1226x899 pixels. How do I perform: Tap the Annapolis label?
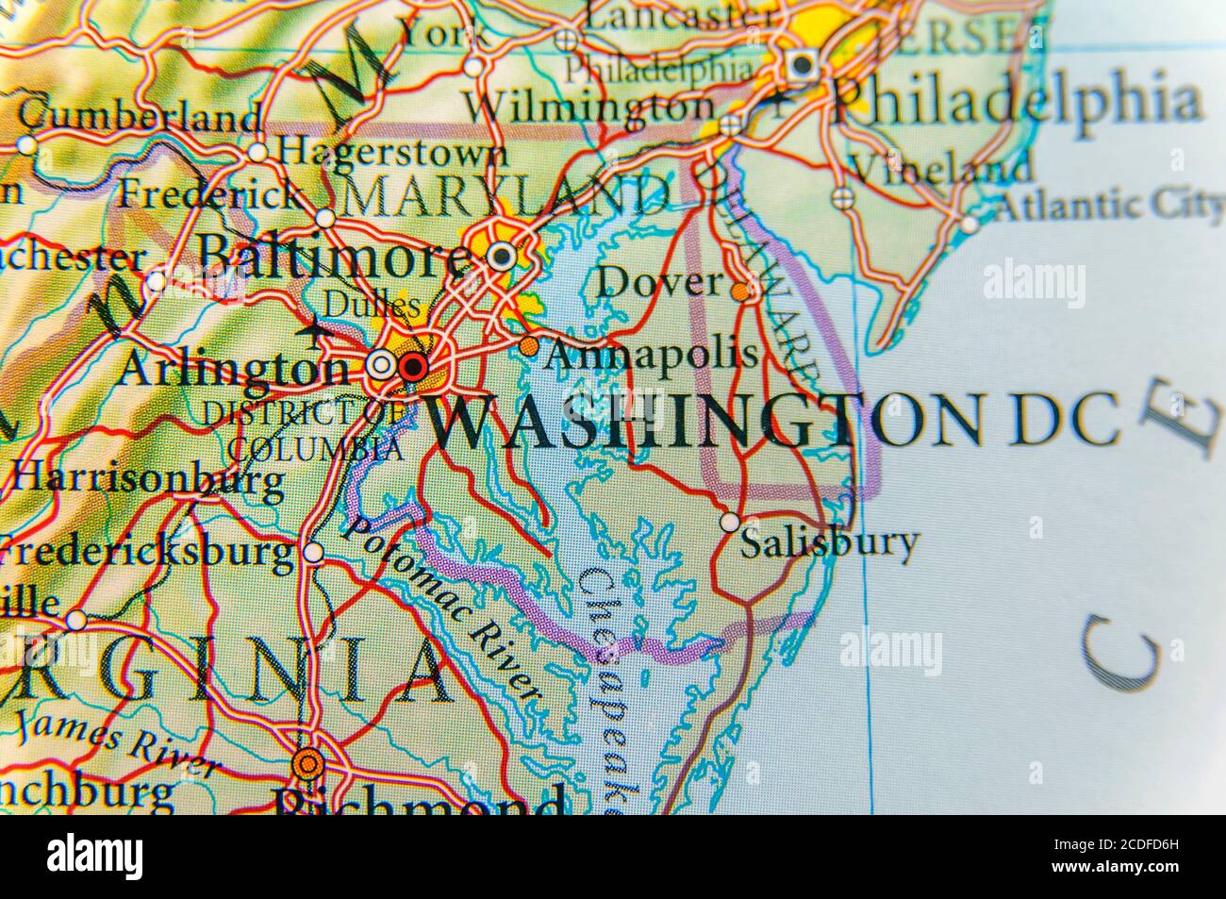[652, 355]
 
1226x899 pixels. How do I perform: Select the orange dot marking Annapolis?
[529, 346]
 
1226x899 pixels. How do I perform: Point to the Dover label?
[660, 281]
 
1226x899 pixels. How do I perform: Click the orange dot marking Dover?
[743, 291]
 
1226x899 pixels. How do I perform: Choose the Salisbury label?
[828, 544]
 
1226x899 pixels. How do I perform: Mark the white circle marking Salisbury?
[730, 521]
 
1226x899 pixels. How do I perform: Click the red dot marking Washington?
[412, 366]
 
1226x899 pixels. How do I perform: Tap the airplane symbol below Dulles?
[314, 332]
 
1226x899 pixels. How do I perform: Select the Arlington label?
[232, 369]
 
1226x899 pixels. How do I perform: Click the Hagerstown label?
[392, 151]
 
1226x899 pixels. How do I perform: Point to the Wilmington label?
[592, 106]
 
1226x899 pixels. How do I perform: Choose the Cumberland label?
[141, 117]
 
